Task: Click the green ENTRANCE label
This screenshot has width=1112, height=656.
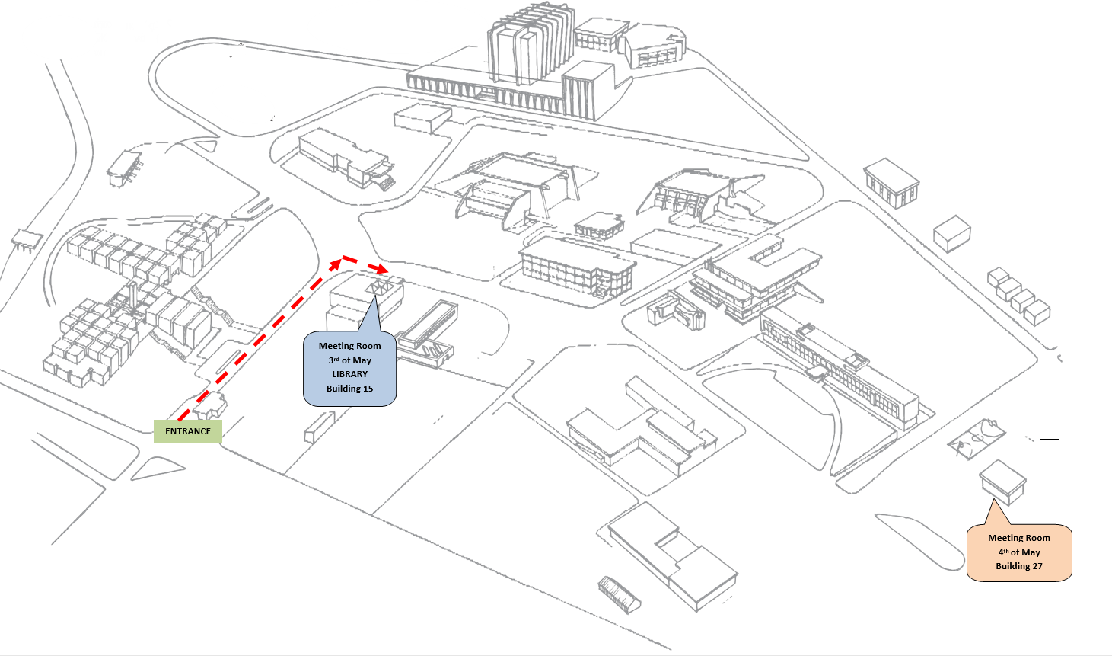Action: click(188, 431)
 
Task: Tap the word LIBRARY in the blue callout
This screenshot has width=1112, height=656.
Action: click(349, 374)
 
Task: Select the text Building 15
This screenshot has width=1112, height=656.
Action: click(349, 389)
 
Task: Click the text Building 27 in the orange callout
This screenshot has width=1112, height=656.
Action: click(1018, 566)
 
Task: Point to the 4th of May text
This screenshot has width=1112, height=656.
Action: click(1018, 552)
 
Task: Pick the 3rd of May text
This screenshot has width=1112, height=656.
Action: click(349, 360)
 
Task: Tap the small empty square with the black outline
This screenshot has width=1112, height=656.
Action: click(1049, 448)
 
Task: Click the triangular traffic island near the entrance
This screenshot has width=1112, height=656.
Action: click(158, 470)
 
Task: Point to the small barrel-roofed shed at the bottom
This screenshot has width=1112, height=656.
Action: click(620, 594)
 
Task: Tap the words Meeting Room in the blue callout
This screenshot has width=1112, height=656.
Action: click(349, 346)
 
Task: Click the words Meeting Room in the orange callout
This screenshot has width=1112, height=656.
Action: click(1018, 538)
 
